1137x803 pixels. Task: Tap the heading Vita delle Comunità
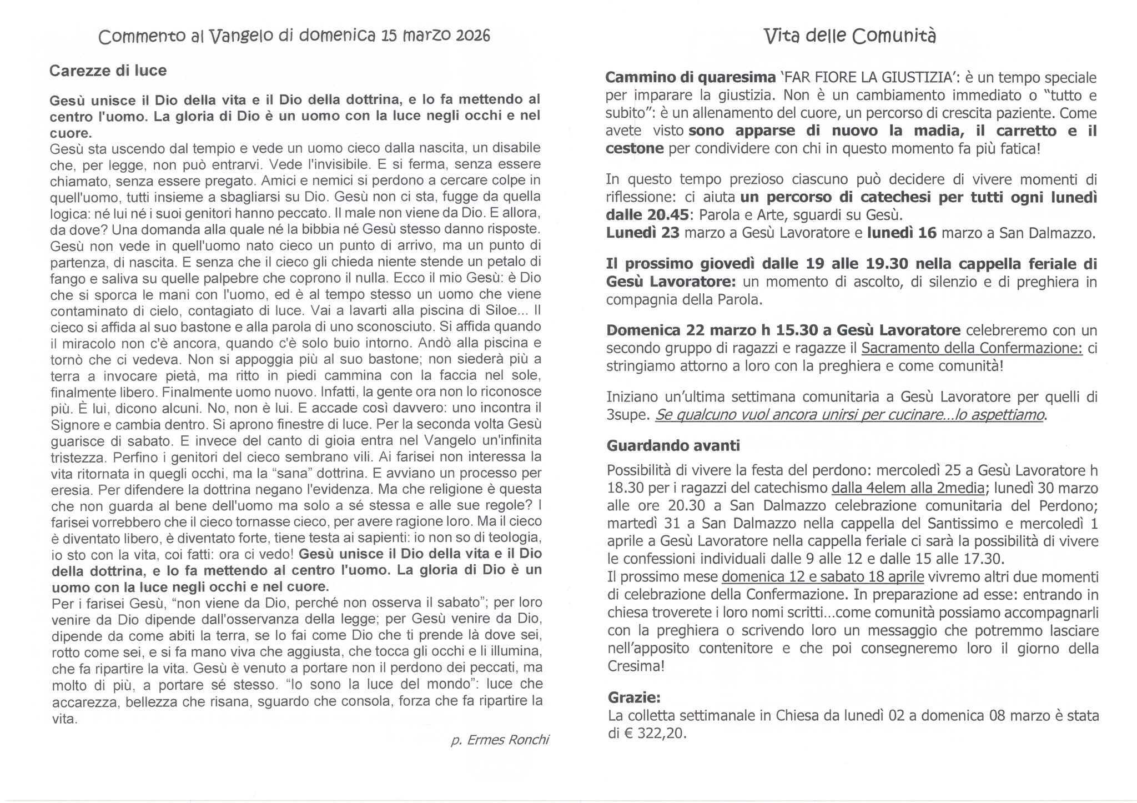click(850, 36)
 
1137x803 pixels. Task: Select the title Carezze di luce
click(108, 71)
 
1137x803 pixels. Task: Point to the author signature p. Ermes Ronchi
click(500, 740)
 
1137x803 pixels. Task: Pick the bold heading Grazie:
click(634, 697)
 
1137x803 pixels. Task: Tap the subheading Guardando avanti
click(673, 445)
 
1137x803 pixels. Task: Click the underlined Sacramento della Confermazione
click(972, 348)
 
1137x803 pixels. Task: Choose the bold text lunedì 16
click(902, 233)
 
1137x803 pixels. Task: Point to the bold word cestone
click(635, 149)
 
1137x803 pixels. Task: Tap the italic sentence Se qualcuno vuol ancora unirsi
click(849, 415)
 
